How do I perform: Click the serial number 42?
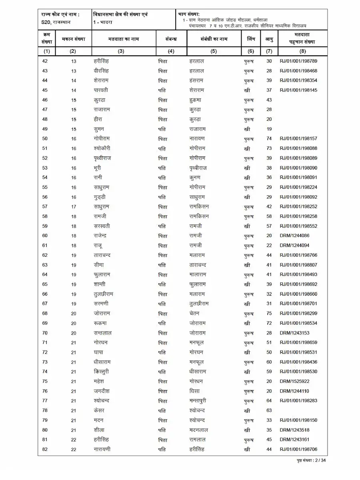point(45,61)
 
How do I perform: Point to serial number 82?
point(45,450)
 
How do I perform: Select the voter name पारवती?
point(100,90)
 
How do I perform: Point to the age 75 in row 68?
point(269,314)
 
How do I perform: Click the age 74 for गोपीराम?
point(269,139)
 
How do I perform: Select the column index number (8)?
point(302,51)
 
